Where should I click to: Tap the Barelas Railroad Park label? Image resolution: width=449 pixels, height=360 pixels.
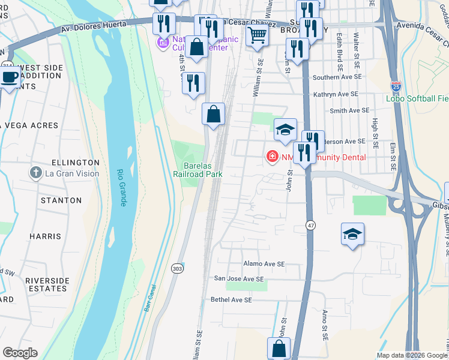(197, 170)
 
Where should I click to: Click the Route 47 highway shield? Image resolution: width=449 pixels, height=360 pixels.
(310, 224)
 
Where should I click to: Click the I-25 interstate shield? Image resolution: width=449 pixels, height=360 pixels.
(396, 87)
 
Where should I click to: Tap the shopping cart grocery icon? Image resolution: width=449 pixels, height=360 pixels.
(257, 35)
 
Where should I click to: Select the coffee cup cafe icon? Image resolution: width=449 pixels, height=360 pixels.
(10, 77)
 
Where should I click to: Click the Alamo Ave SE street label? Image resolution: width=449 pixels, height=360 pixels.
(264, 264)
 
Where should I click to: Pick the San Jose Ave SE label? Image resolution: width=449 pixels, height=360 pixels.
(239, 279)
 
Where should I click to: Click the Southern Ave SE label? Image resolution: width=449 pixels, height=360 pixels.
(337, 77)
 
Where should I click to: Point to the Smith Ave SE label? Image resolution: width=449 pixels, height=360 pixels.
(349, 110)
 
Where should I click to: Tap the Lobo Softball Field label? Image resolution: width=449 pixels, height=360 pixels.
(417, 98)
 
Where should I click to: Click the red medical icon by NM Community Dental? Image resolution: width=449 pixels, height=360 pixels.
(271, 157)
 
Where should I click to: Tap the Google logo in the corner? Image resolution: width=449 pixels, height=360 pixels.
(20, 353)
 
